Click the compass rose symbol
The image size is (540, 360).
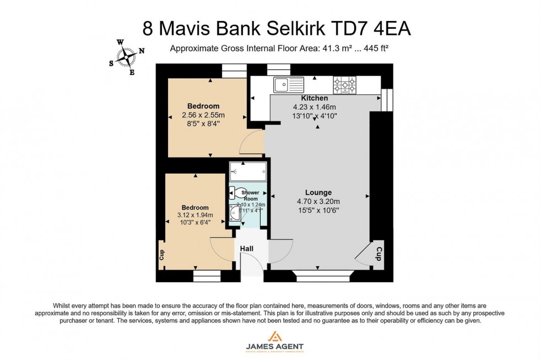tap(127, 56)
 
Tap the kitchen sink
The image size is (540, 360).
tap(289, 84)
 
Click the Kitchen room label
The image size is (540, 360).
tap(315, 98)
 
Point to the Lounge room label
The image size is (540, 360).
tap(318, 192)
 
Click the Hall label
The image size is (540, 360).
tap(246, 249)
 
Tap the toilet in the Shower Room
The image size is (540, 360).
tap(236, 192)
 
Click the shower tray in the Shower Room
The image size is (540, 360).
tap(248, 171)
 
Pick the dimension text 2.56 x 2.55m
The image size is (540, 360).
tap(203, 115)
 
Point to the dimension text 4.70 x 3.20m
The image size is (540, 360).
tap(318, 201)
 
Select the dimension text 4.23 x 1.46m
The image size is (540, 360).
tap(315, 107)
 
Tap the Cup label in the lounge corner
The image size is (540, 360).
tap(379, 254)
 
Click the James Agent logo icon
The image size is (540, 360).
tap(274, 336)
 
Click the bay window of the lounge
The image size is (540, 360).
tap(322, 275)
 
